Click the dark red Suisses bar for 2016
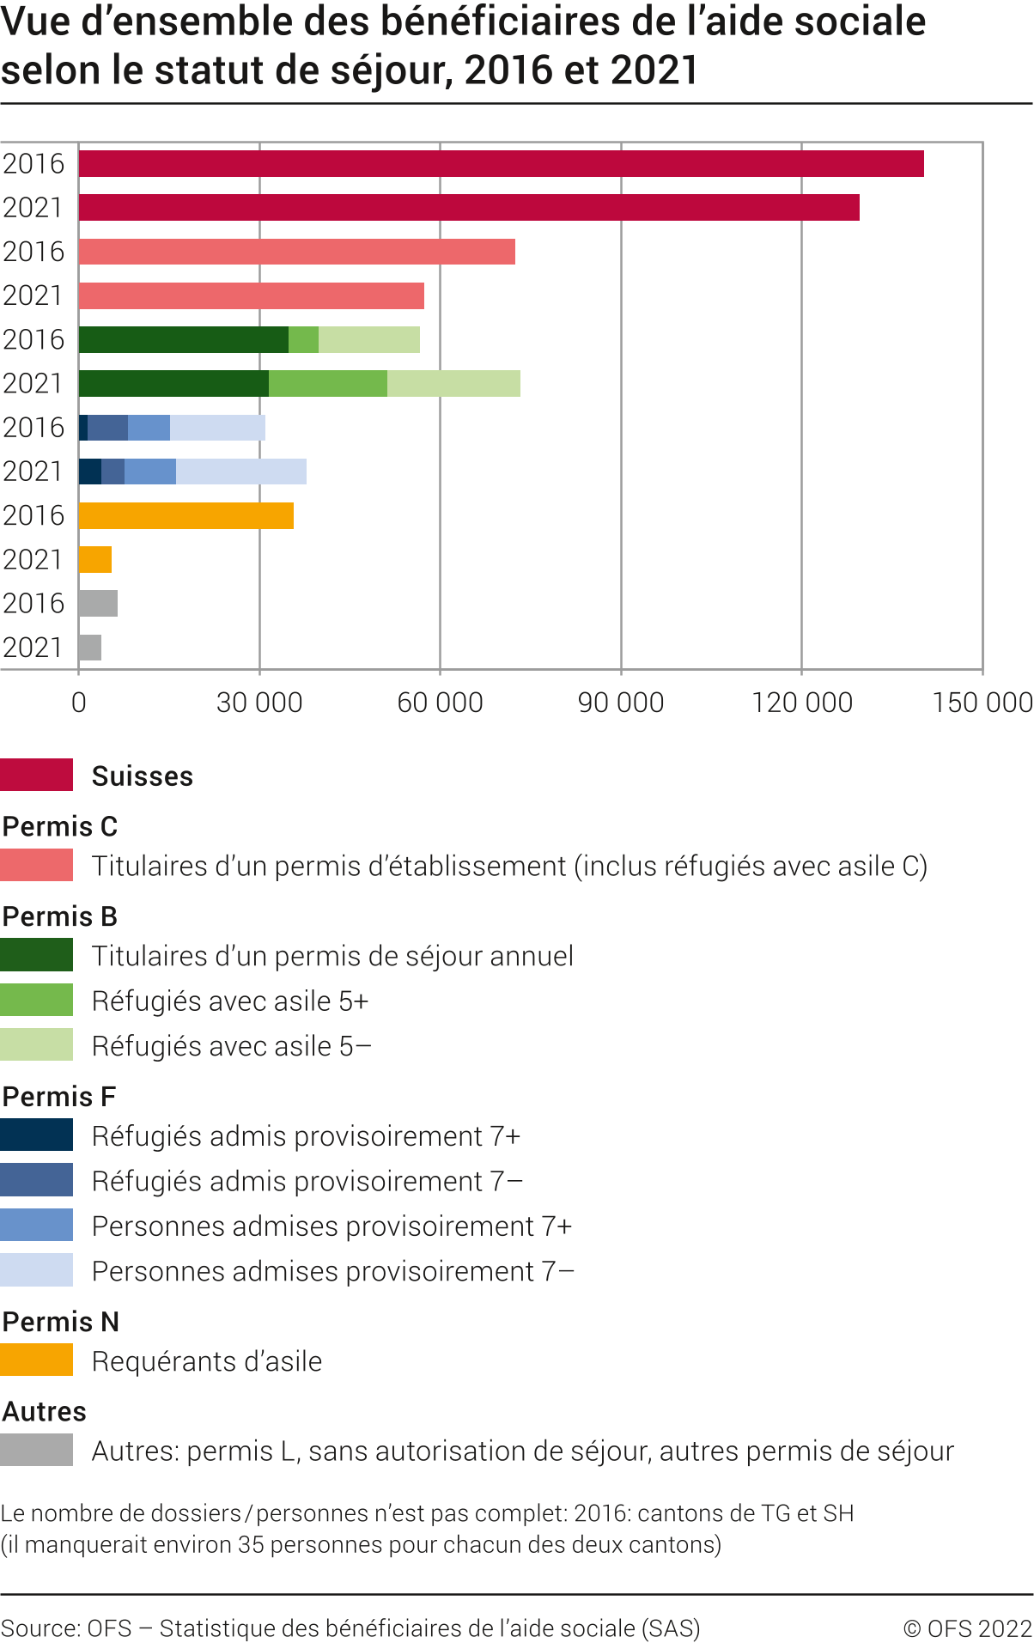point(501,163)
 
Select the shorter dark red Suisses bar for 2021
point(468,207)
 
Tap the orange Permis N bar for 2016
point(186,515)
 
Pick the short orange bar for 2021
point(94,559)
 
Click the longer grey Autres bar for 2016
point(98,603)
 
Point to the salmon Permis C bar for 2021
point(251,295)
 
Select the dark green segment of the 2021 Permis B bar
point(173,383)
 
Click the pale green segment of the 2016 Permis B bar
point(368,339)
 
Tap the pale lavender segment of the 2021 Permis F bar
point(240,472)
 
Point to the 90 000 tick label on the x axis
point(620,703)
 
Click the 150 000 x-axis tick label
point(982,703)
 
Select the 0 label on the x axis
point(79,703)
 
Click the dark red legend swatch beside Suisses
point(36,775)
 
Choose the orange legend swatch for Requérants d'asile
point(36,1360)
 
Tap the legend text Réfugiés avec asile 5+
point(229,1001)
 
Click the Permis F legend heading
point(58,1097)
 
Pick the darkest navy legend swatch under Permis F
point(36,1135)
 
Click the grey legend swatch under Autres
point(36,1451)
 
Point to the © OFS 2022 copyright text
point(967,1628)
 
